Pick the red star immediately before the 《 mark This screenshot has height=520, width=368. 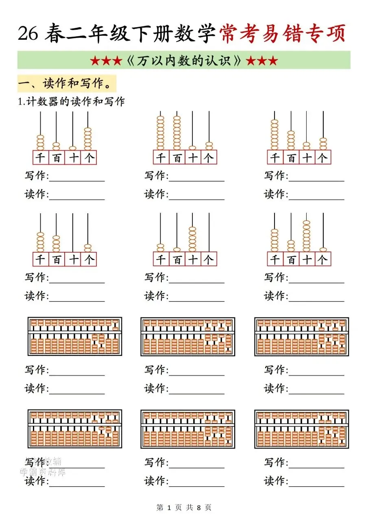pyautogui.click(x=117, y=61)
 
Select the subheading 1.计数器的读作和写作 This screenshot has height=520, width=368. pyautogui.click(x=72, y=102)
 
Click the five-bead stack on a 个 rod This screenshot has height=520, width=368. pyautogui.click(x=88, y=139)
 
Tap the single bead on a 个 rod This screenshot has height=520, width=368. pyautogui.click(x=323, y=249)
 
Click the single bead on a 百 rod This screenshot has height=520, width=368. pyautogui.click(x=177, y=249)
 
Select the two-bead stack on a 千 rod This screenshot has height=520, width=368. pyautogui.click(x=161, y=247)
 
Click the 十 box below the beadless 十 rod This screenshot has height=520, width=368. pyautogui.click(x=73, y=259)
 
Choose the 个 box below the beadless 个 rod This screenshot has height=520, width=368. pyautogui.click(x=209, y=259)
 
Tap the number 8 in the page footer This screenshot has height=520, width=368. pyautogui.click(x=199, y=507)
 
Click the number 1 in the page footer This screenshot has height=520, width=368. pyautogui.click(x=168, y=507)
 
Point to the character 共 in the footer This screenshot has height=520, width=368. pyautogui.click(x=189, y=507)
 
